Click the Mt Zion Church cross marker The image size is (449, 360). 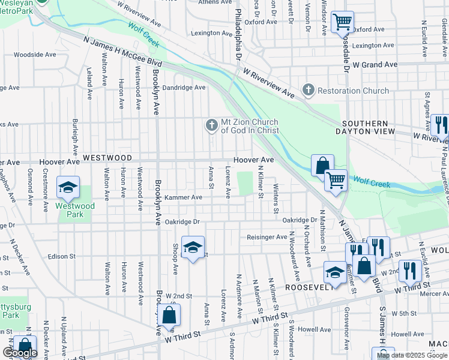click(x=211, y=125)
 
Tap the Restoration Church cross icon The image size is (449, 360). click(x=309, y=91)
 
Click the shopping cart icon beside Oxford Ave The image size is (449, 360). click(x=342, y=22)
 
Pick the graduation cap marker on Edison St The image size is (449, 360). click(x=193, y=247)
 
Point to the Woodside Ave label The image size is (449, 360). click(x=35, y=55)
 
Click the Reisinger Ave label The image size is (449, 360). click(x=267, y=237)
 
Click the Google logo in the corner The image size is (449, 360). click(x=20, y=353)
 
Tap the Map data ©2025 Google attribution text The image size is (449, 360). click(x=412, y=355)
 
